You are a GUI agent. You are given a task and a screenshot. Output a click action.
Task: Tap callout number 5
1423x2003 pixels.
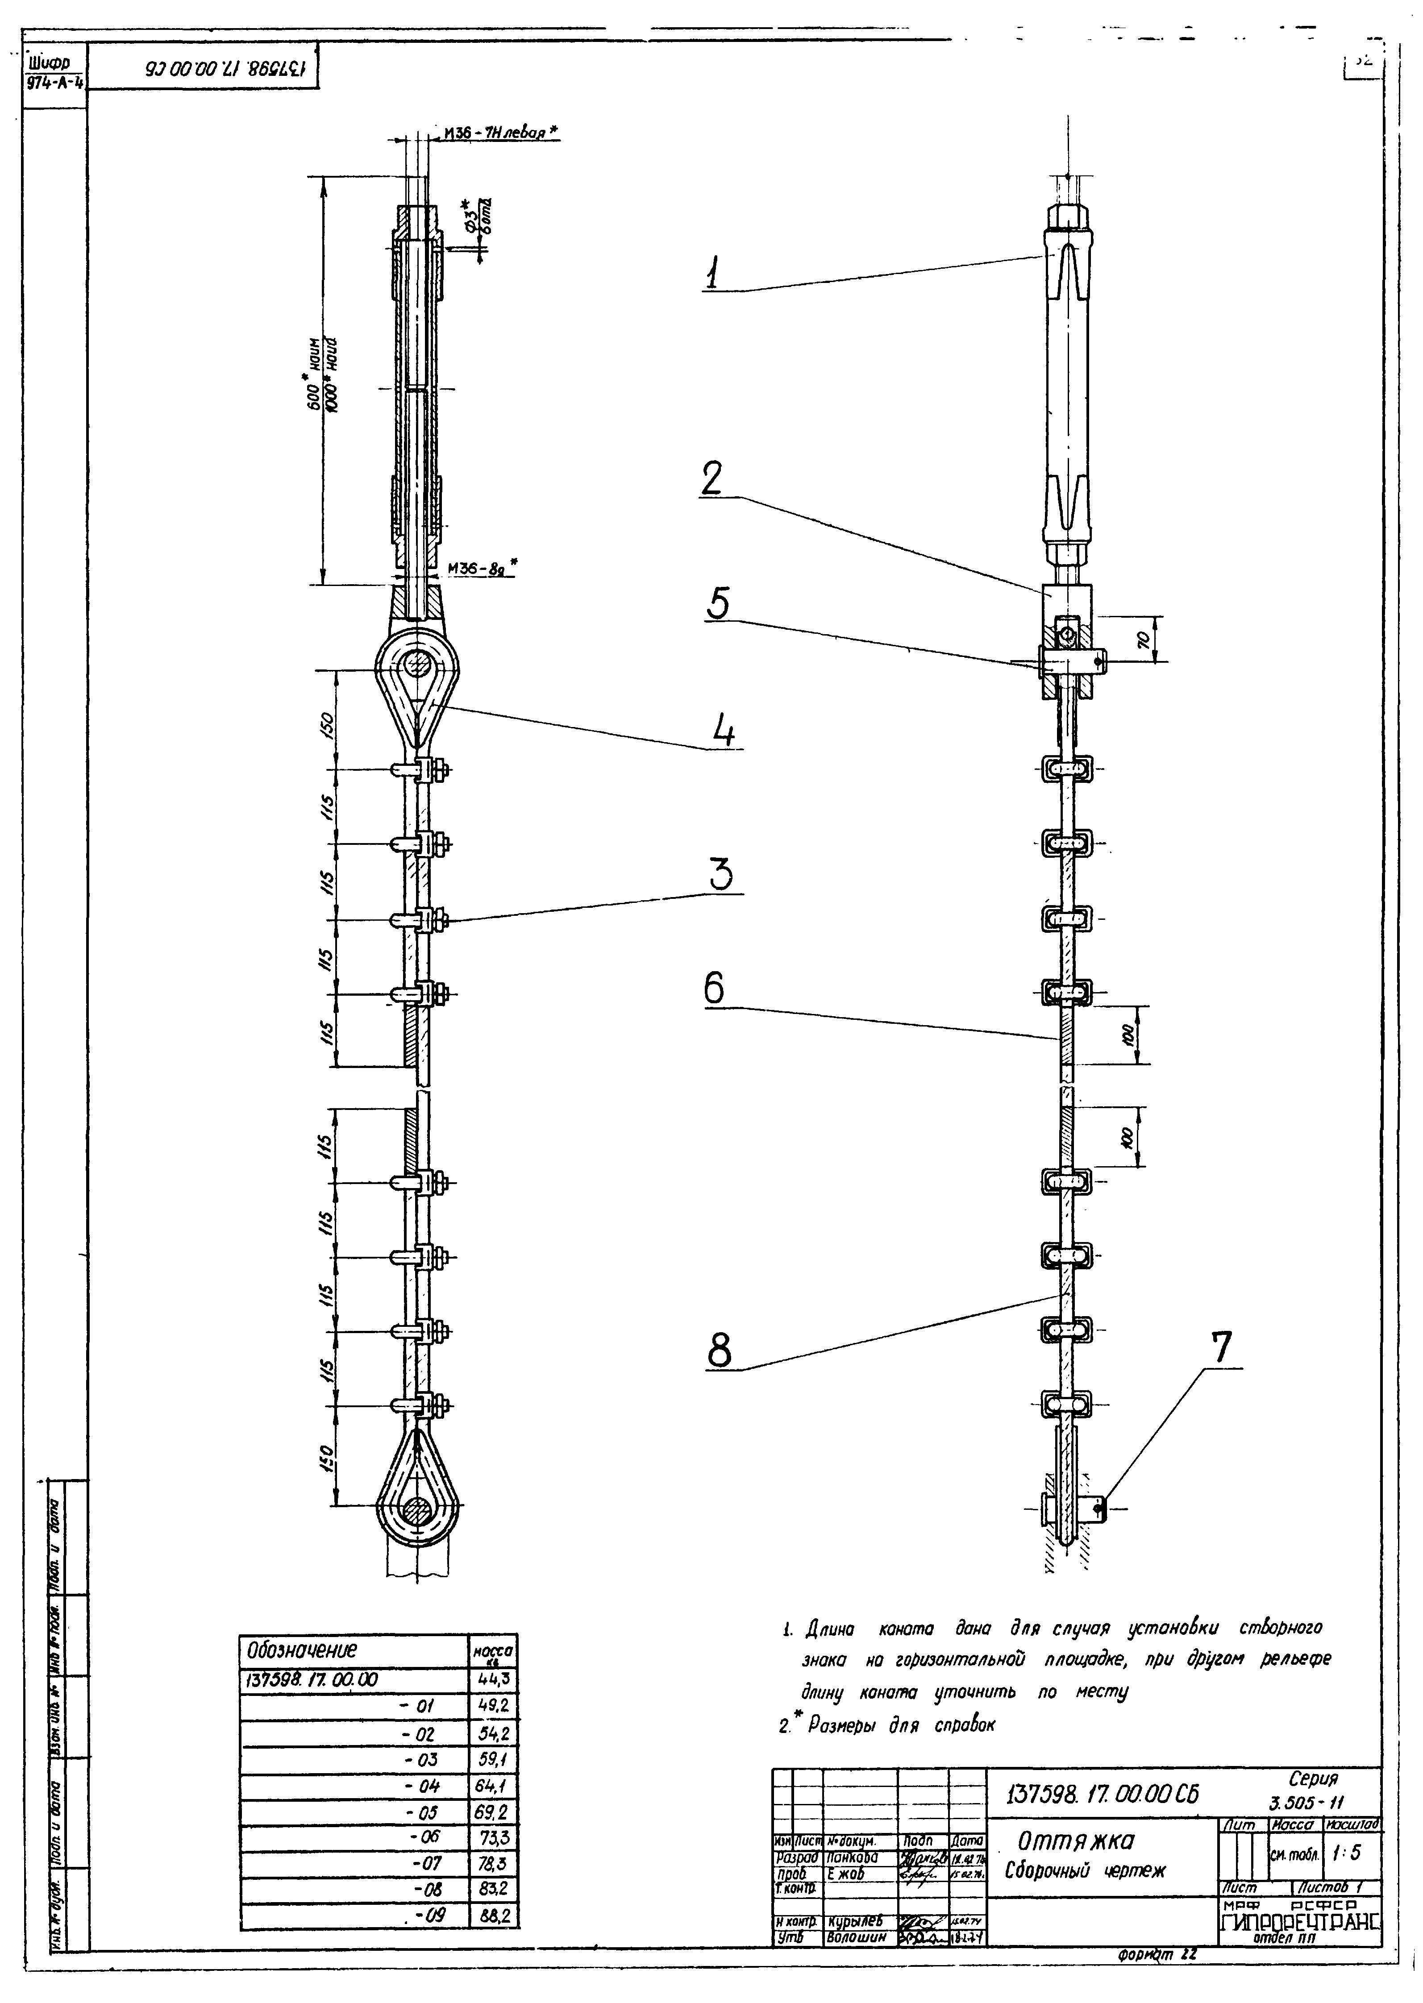(x=718, y=604)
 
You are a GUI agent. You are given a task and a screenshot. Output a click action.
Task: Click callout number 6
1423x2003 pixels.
(x=714, y=989)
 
